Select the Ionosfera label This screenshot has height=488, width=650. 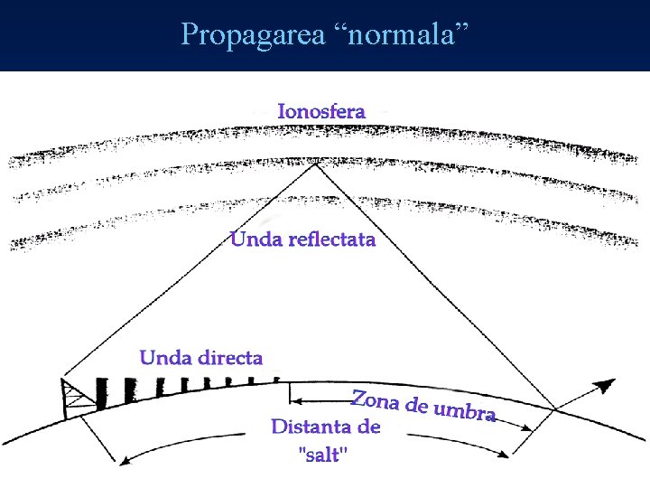[x=321, y=111]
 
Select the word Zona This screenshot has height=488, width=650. [x=374, y=399]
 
